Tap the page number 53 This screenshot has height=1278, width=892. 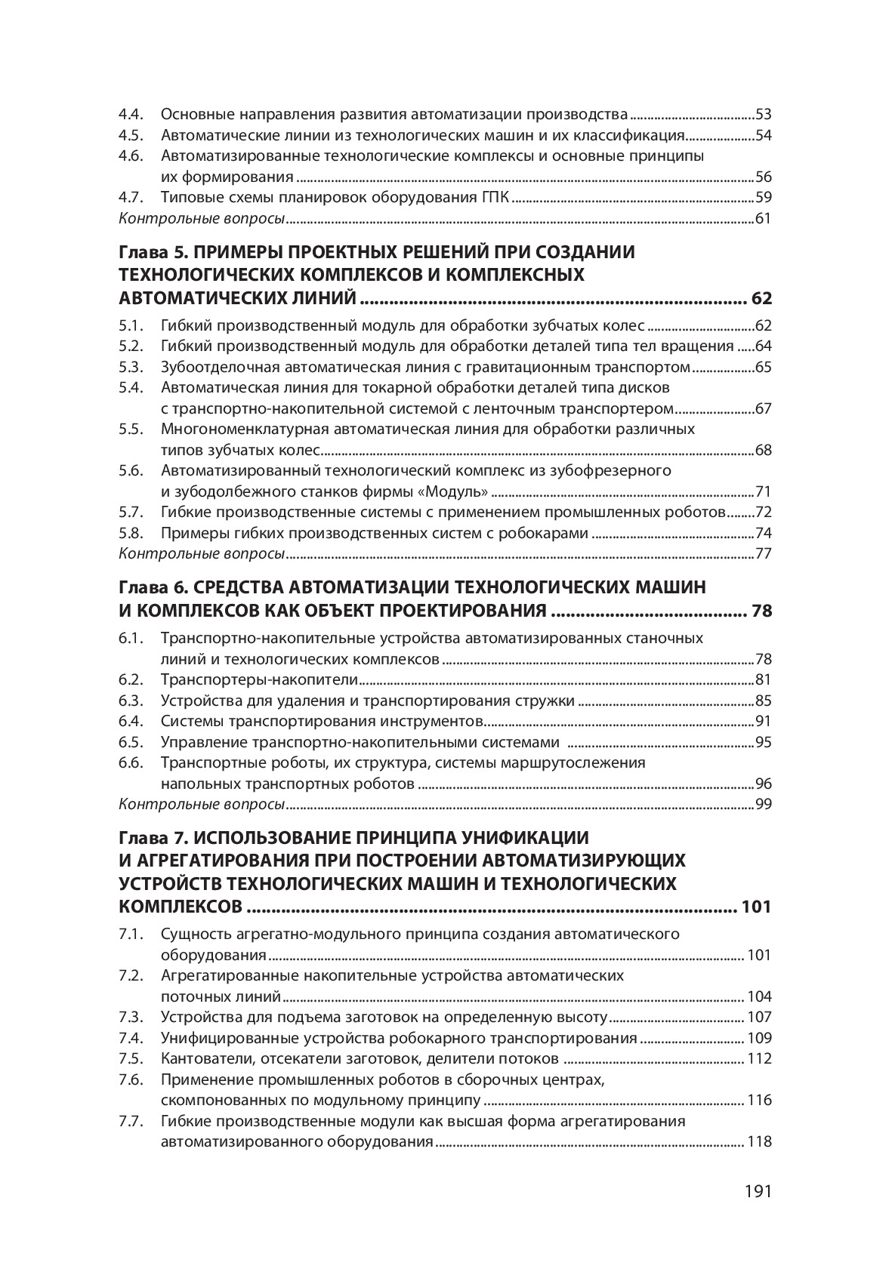(x=763, y=115)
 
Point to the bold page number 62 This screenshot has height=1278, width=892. (x=761, y=298)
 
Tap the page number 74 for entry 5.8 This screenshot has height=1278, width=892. (x=763, y=534)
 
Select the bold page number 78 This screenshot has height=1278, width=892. (x=761, y=611)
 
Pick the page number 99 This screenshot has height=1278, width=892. (x=763, y=804)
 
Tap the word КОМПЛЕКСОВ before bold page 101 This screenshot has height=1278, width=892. (x=181, y=907)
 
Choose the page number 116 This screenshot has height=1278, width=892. (x=759, y=1100)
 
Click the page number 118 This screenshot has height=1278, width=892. (x=759, y=1141)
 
